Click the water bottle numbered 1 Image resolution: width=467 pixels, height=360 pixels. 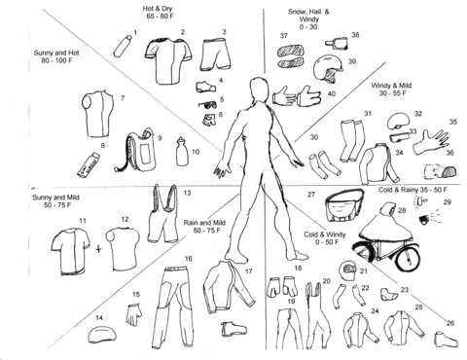[x=123, y=47]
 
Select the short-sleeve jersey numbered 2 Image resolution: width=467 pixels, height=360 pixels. [x=168, y=61]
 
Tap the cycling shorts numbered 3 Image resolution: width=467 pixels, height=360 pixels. [x=216, y=54]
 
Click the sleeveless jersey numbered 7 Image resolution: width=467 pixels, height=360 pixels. [x=97, y=114]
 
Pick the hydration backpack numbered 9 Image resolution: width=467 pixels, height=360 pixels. [x=136, y=150]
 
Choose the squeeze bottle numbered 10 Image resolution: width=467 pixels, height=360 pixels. [x=183, y=152]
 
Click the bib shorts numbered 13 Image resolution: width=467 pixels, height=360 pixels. [x=162, y=213]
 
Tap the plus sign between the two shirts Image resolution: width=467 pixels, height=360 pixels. [x=98, y=249]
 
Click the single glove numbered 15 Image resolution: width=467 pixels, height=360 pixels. [x=133, y=314]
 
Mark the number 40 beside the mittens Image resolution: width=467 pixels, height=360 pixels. [x=332, y=94]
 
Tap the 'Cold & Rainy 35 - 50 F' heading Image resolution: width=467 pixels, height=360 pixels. [x=413, y=190]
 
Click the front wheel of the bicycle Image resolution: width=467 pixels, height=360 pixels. [x=408, y=258]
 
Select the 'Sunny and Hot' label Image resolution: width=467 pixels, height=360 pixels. [x=56, y=53]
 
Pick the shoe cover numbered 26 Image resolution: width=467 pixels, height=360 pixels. [x=446, y=340]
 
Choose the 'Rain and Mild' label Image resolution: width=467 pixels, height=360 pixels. [x=204, y=223]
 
